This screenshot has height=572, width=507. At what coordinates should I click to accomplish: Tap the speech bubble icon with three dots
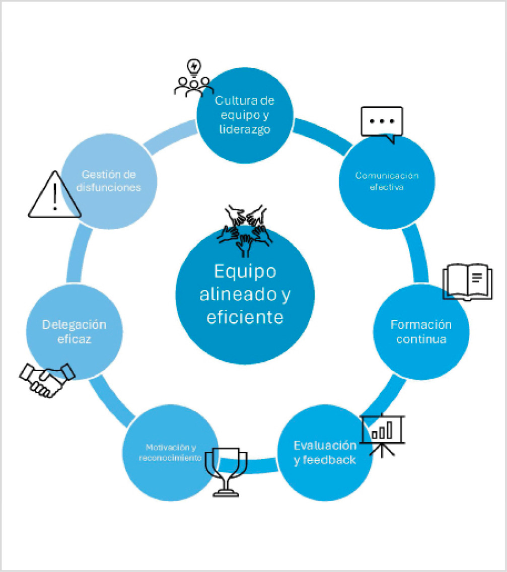[382, 122]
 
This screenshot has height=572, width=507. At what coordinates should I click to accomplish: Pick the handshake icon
[46, 379]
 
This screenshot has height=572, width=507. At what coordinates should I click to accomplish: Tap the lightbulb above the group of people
[194, 67]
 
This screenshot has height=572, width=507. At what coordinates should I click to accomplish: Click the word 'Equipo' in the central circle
[245, 271]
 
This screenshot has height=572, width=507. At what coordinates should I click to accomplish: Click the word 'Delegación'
[74, 324]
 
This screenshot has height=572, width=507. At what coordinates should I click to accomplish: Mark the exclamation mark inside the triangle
[54, 197]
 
